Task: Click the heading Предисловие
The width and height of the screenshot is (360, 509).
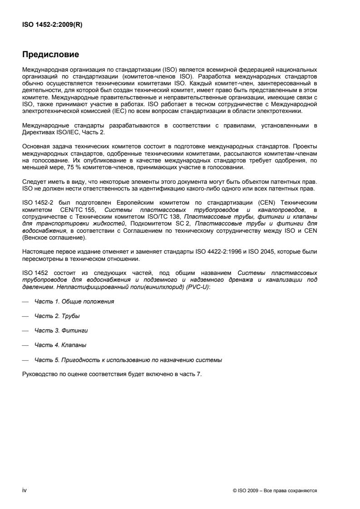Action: [51, 55]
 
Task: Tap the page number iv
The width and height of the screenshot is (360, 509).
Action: [25, 490]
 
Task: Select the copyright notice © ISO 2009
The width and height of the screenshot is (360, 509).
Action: [274, 490]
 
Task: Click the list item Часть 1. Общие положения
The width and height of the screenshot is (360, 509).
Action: [74, 301]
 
